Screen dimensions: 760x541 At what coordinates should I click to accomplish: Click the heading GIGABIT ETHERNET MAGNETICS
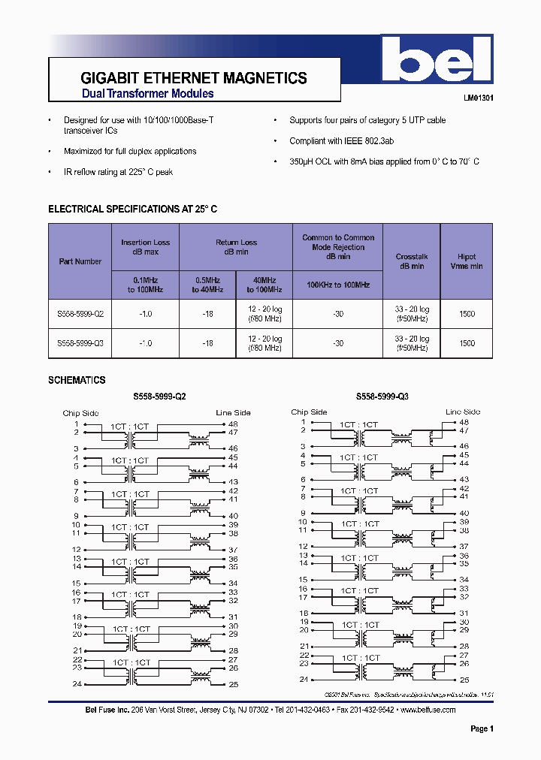click(193, 78)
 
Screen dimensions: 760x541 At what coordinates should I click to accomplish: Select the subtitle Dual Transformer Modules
click(147, 94)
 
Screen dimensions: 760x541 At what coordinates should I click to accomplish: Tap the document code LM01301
click(478, 98)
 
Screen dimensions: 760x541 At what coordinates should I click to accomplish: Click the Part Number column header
click(80, 261)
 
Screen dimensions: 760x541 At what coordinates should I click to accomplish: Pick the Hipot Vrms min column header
click(467, 261)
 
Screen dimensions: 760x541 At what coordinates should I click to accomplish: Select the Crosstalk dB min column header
click(411, 261)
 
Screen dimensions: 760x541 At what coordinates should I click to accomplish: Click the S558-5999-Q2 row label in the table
click(80, 314)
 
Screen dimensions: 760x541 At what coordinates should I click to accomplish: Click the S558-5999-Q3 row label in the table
click(80, 343)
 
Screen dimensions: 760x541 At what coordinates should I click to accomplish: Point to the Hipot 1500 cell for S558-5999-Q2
click(467, 314)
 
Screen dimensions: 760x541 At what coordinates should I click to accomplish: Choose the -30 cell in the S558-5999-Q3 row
click(338, 343)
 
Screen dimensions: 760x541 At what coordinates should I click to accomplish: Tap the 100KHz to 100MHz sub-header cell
click(338, 285)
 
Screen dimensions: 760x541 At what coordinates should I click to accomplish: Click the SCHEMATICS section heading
click(77, 380)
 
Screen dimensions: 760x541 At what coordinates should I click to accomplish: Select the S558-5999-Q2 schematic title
click(159, 397)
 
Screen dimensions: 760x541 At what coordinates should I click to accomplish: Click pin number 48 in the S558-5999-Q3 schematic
click(464, 422)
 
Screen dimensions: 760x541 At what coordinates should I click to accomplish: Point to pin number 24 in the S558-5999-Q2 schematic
click(77, 683)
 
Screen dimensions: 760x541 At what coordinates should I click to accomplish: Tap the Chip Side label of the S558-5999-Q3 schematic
click(309, 412)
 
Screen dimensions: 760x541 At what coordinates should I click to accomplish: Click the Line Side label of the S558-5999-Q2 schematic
click(233, 412)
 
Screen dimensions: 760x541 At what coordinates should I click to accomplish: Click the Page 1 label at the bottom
click(482, 728)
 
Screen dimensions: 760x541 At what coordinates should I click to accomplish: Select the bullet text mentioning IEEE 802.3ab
click(342, 140)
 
